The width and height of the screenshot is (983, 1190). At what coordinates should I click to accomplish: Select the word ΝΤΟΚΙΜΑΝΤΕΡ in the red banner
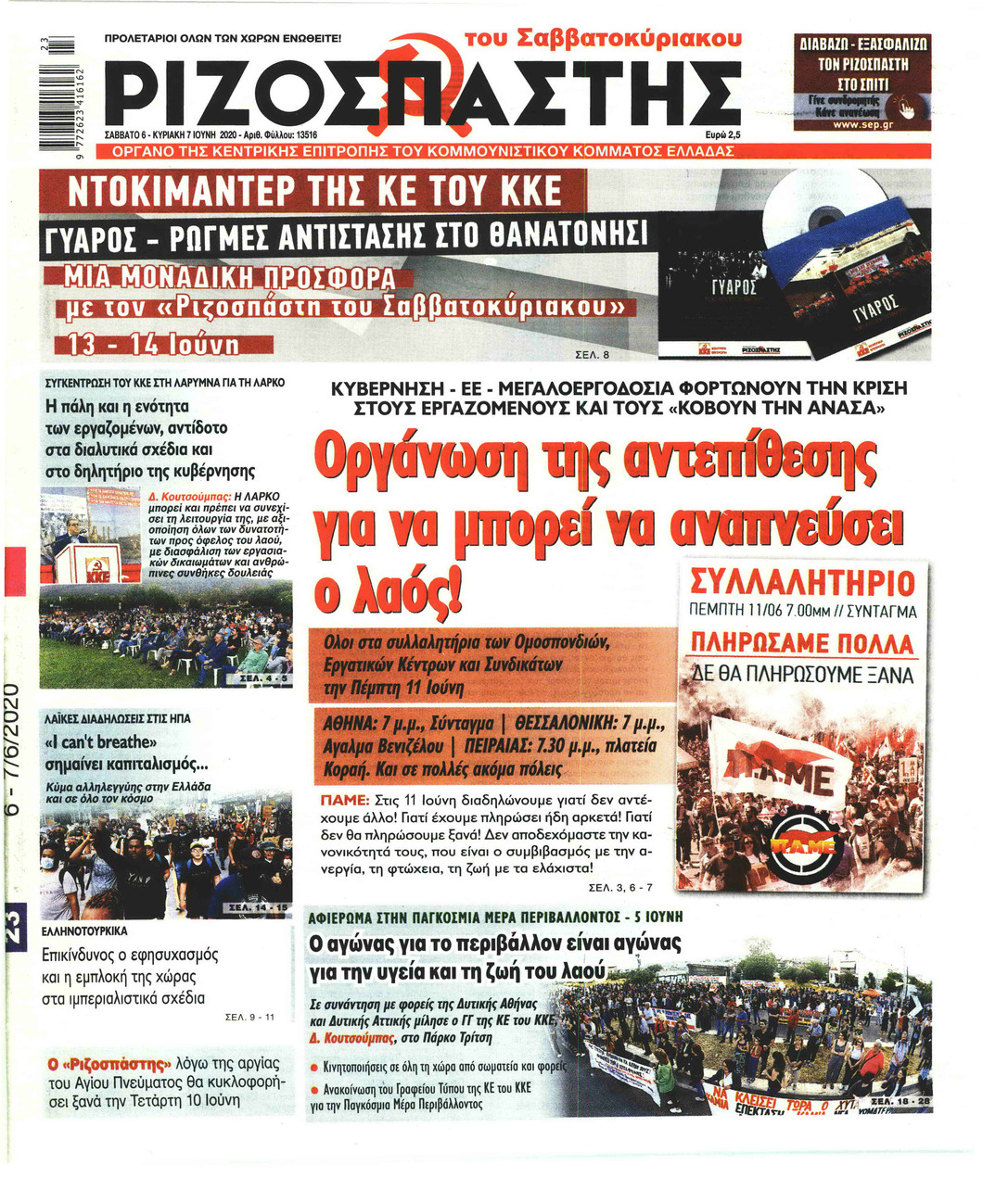coord(177,191)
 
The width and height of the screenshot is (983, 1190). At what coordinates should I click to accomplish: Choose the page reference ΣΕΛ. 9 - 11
coord(250,1017)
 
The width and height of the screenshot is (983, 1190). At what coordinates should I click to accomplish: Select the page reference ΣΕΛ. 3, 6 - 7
coord(620,887)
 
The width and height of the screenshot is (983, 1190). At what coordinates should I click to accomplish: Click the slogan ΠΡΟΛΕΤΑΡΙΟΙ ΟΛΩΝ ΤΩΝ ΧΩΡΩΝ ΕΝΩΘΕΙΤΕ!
coord(223,40)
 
